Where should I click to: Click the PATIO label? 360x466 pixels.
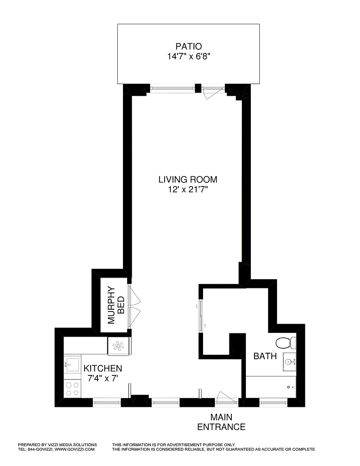(x=188, y=47)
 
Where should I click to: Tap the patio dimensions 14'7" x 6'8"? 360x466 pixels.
(x=189, y=57)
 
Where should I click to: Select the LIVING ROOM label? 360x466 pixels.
(x=188, y=180)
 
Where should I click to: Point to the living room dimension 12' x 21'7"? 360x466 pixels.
(x=188, y=190)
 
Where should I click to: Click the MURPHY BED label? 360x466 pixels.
(x=116, y=305)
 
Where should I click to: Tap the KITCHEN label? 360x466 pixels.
(x=103, y=369)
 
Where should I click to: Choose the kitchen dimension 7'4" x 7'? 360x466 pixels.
(x=103, y=378)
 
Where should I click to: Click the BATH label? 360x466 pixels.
(x=265, y=356)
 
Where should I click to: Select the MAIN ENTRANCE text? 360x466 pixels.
(x=221, y=422)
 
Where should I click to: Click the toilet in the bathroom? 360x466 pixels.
(x=286, y=343)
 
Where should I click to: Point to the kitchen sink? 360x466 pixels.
(x=72, y=365)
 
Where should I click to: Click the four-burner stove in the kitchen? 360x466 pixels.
(x=72, y=389)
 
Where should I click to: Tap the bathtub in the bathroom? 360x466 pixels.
(x=271, y=387)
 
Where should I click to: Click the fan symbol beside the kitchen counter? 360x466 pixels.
(x=119, y=346)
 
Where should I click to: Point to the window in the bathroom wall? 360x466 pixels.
(x=273, y=402)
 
